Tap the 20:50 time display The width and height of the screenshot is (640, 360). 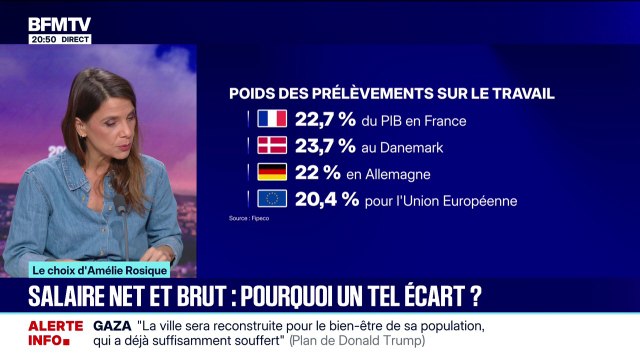tap(41, 39)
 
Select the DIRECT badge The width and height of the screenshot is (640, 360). tap(75, 39)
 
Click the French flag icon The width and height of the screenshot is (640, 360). tap(272, 120)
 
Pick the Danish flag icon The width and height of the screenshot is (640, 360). tap(272, 146)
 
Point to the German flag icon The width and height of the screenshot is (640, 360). tap(272, 172)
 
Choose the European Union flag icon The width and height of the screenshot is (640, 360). tap(272, 198)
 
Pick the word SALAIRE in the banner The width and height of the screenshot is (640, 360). tap(66, 297)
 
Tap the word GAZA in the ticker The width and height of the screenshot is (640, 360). tap(113, 327)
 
